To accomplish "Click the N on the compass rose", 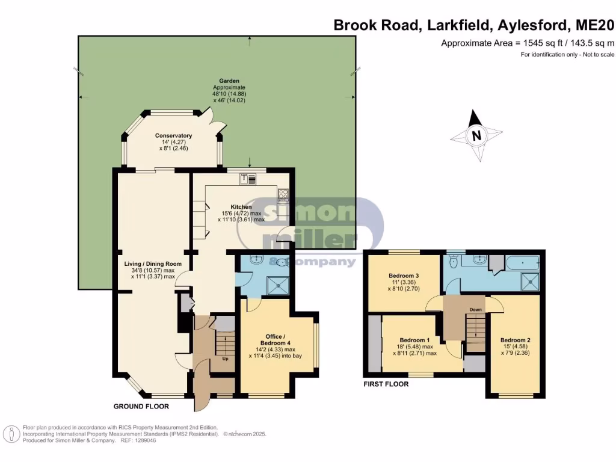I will point(476,135).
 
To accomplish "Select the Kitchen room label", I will point(241,207).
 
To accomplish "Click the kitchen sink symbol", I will point(248,178).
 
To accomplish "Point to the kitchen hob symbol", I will point(283,194).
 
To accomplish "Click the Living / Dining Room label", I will point(149,263).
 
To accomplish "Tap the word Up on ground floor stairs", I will point(226,359).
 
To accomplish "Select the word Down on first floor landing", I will point(476,310).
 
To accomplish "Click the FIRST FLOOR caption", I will point(386,384).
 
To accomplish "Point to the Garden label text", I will point(229,81).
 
